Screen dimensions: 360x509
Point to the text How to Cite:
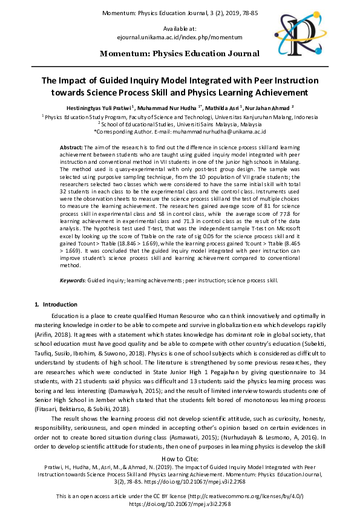pos(180,459)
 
